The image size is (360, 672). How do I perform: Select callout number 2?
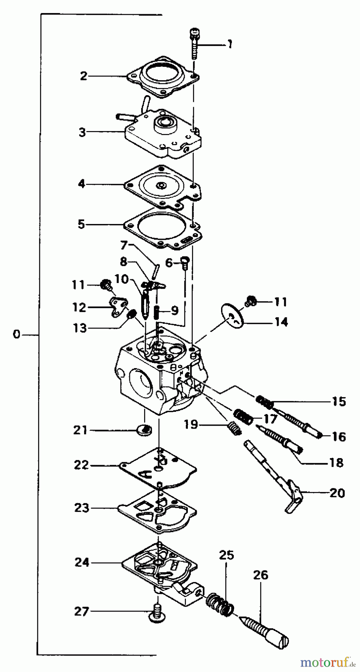[84, 76]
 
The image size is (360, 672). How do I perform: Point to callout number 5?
[81, 224]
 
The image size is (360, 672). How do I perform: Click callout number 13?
[80, 328]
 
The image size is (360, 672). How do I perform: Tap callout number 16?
[339, 436]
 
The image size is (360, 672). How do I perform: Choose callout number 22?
[81, 465]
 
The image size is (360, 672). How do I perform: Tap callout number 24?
[82, 562]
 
